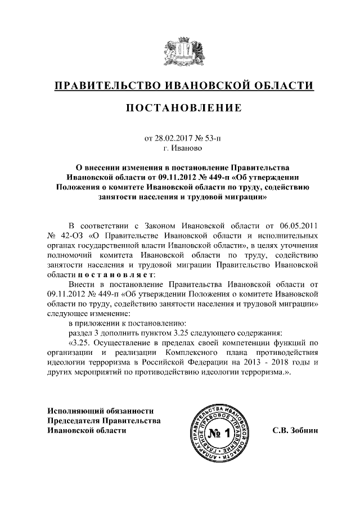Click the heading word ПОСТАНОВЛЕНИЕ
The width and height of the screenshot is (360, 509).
pos(179,107)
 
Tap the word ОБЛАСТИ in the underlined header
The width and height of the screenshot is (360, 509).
pos(282,85)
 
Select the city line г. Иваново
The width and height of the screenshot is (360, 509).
pos(179,148)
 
